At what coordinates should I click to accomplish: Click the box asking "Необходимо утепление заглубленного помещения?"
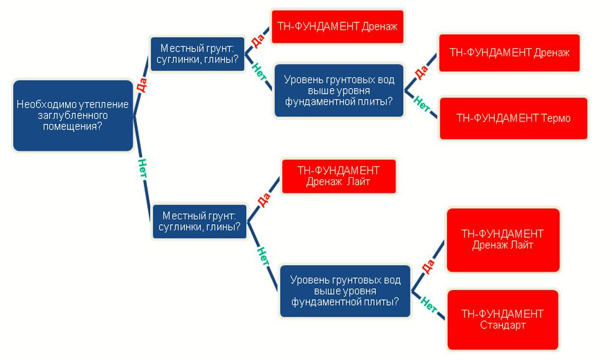click(x=73, y=115)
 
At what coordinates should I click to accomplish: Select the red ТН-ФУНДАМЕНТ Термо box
click(x=513, y=118)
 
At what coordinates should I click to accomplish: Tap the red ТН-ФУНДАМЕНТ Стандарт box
click(x=502, y=319)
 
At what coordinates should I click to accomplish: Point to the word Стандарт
click(x=502, y=325)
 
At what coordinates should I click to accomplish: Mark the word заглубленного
click(x=73, y=115)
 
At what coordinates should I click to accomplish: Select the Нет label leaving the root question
click(x=143, y=168)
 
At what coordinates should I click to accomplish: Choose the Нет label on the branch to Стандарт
click(x=429, y=304)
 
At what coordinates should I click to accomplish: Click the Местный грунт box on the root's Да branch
click(x=198, y=54)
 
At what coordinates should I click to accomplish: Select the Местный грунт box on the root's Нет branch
click(x=200, y=221)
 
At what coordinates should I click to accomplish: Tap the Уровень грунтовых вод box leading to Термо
click(x=339, y=90)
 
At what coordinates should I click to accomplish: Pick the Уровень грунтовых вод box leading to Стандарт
click(x=345, y=291)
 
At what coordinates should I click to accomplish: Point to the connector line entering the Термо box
click(x=432, y=112)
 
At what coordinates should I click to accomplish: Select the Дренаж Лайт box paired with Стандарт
click(x=502, y=239)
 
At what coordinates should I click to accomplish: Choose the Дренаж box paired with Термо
click(x=509, y=53)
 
